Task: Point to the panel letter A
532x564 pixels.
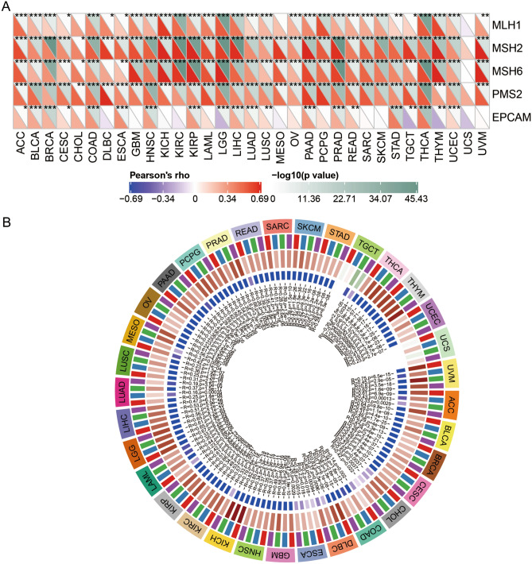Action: (6, 6)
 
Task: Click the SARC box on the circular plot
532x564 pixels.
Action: (281, 227)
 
